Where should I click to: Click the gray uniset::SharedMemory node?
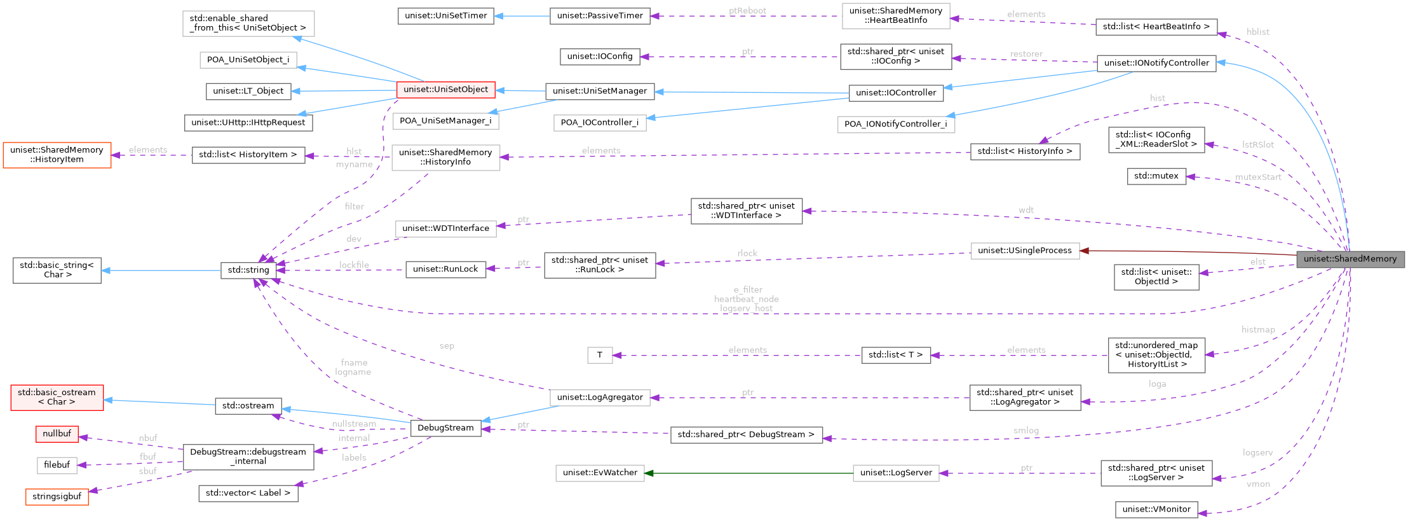(x=1350, y=259)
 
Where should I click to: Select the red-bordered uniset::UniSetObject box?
(x=445, y=90)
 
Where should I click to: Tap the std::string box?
(x=248, y=270)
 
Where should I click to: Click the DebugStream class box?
(x=445, y=427)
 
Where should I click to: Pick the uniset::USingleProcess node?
(x=1024, y=251)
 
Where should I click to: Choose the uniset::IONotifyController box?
(x=1156, y=63)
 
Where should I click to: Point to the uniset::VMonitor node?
(x=1156, y=509)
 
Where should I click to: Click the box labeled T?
(x=599, y=355)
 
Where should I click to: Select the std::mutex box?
(x=1156, y=176)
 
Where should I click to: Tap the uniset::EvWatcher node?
(x=599, y=473)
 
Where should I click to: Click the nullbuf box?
(x=57, y=434)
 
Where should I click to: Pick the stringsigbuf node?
(x=57, y=496)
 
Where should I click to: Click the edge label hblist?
(x=1257, y=32)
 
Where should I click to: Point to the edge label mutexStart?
(x=1257, y=177)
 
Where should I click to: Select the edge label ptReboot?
(x=747, y=11)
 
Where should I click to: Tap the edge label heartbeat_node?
(x=746, y=299)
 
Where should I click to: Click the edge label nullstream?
(x=354, y=424)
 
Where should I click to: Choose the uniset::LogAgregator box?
(x=599, y=398)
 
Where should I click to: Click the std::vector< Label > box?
(x=248, y=493)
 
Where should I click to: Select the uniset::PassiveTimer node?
(x=599, y=16)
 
